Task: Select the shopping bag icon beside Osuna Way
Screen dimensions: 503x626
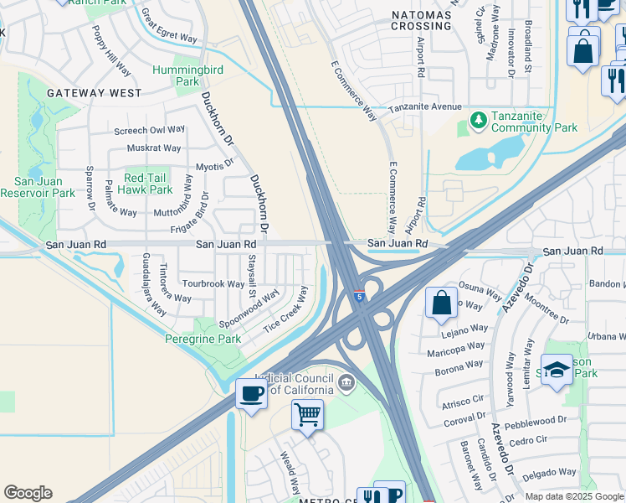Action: (441, 303)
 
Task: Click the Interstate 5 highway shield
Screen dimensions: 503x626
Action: (358, 296)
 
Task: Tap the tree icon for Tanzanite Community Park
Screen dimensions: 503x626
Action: (479, 122)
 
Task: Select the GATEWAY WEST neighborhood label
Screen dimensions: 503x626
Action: (95, 93)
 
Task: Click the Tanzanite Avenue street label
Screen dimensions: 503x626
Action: (429, 107)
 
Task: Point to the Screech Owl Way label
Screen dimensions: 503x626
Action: (150, 130)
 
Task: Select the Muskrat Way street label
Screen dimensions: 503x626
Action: (154, 148)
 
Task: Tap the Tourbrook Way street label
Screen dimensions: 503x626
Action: (213, 284)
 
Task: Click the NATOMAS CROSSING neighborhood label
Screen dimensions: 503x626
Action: (421, 20)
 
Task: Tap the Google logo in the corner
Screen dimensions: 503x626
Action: (28, 493)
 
